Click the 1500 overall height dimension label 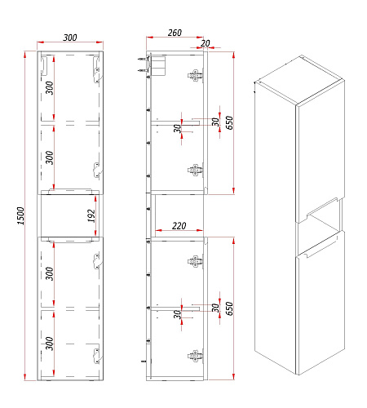(21, 215)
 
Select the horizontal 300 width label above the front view (70, 38)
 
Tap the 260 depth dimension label (175, 33)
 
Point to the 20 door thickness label (206, 43)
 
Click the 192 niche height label (91, 215)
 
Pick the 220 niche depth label (179, 226)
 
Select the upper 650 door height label (229, 122)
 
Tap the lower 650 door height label (229, 308)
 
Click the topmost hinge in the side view (195, 75)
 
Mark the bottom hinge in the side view (195, 356)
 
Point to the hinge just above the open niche (195, 171)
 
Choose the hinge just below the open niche (195, 262)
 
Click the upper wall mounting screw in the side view (142, 59)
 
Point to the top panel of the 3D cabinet (299, 79)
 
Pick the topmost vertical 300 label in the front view (50, 87)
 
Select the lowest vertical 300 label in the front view (50, 344)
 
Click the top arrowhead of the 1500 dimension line (25, 55)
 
